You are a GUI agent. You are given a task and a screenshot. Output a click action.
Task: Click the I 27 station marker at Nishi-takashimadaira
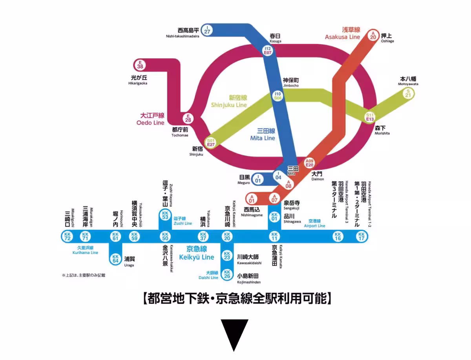click(207, 30)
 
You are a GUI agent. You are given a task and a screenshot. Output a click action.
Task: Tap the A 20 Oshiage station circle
click(373, 35)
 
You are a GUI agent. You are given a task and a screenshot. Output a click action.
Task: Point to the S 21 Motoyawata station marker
click(408, 93)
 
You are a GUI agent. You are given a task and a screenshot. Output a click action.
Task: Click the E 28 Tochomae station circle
click(188, 118)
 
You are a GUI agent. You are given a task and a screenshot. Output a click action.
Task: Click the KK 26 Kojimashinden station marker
click(227, 274)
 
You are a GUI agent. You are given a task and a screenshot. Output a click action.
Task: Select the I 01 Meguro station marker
click(258, 179)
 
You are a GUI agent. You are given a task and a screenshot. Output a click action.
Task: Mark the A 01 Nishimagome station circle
click(252, 198)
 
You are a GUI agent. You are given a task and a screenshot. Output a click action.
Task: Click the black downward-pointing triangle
click(234, 335)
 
